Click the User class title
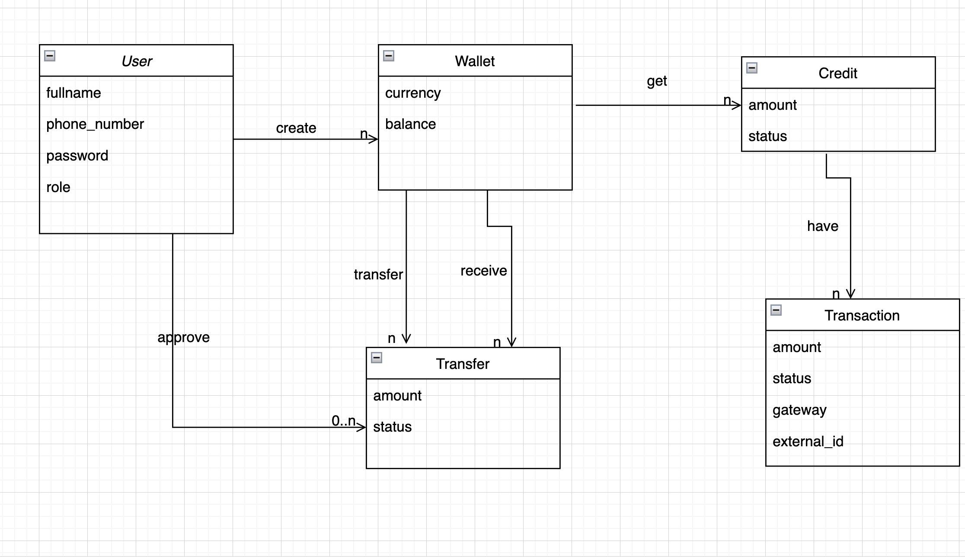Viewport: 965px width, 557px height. coord(137,61)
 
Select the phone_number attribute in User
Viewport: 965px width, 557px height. coord(95,124)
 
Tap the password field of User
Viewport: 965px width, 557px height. coord(77,156)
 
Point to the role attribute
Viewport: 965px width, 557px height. coord(58,187)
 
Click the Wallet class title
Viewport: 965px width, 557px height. coord(474,61)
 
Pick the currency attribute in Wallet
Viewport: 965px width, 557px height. coord(413,93)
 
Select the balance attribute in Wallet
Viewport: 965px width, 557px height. coord(410,124)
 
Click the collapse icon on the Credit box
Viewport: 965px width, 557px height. coord(752,68)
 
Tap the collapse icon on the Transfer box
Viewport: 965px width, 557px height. coord(377,358)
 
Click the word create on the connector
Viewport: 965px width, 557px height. coord(296,128)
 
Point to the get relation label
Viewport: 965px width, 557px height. coord(657,81)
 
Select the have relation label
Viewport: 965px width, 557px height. coord(822,226)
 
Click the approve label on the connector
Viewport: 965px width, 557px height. coord(184,337)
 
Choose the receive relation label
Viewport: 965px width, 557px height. coord(483,271)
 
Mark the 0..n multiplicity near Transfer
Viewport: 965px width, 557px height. coord(344,420)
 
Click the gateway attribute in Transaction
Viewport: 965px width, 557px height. coord(799,410)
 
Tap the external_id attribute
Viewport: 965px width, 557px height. coord(808,442)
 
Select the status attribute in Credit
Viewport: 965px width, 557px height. coord(767,136)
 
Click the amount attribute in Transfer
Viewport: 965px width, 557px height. coord(397,396)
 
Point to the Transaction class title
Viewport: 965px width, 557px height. coord(862,316)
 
